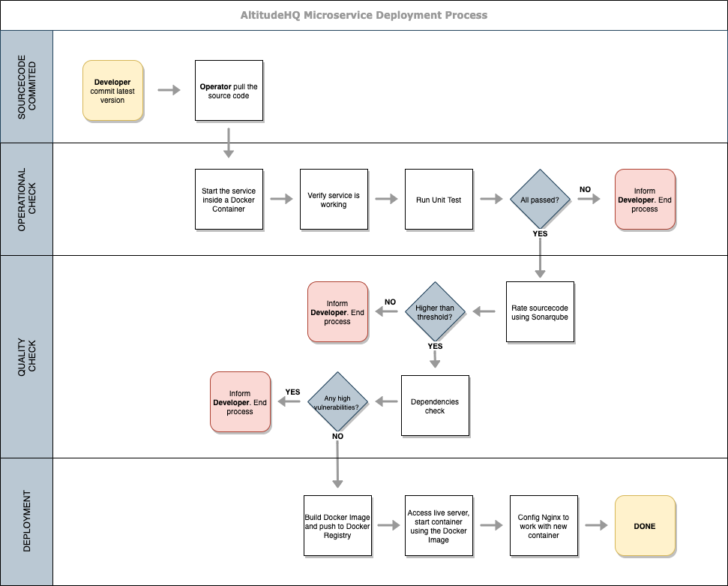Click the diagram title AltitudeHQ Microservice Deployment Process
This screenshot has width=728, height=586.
pyautogui.click(x=364, y=15)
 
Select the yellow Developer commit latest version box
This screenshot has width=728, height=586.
pyautogui.click(x=112, y=91)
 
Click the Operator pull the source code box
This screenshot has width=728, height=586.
pyautogui.click(x=229, y=91)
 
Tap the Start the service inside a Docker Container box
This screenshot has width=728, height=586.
pyautogui.click(x=229, y=200)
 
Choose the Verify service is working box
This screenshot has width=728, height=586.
pyautogui.click(x=334, y=200)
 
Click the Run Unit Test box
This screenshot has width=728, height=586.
pyautogui.click(x=439, y=200)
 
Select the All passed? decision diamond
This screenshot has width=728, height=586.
pyautogui.click(x=540, y=200)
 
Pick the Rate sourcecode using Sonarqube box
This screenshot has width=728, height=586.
pyautogui.click(x=540, y=312)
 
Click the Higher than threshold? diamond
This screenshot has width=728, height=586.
pyautogui.click(x=435, y=312)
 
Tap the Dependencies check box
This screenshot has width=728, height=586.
pyautogui.click(x=435, y=406)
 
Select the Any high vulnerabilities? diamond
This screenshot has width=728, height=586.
pyautogui.click(x=337, y=402)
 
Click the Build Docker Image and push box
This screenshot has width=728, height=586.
pyautogui.click(x=337, y=526)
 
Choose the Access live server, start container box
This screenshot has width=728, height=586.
pyautogui.click(x=439, y=526)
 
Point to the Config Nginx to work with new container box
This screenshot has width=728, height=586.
pyautogui.click(x=544, y=526)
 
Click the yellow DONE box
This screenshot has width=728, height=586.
pyautogui.click(x=645, y=526)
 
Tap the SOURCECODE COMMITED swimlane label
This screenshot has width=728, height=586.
pyautogui.click(x=26, y=86)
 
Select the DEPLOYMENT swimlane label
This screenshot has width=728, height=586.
pyautogui.click(x=26, y=521)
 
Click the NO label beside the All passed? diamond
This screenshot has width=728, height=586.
pyautogui.click(x=585, y=189)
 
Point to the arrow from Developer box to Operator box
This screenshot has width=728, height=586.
pyautogui.click(x=169, y=91)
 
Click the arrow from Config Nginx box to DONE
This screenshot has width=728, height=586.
pyautogui.click(x=596, y=526)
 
